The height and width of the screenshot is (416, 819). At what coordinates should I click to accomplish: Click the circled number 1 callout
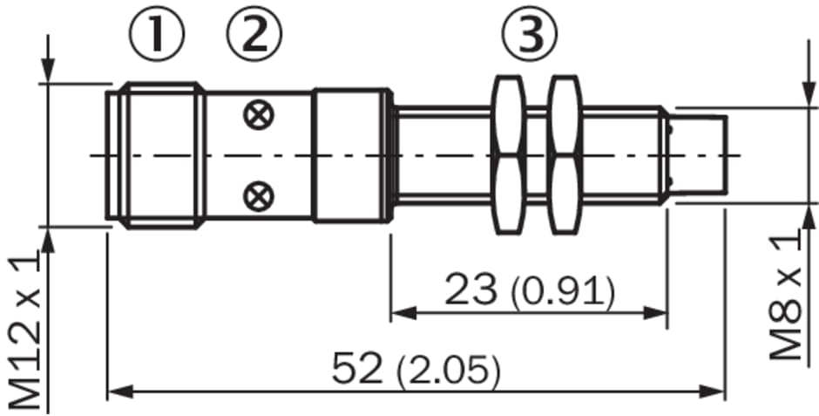pyautogui.click(x=156, y=33)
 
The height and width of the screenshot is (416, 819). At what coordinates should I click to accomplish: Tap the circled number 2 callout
pyautogui.click(x=254, y=33)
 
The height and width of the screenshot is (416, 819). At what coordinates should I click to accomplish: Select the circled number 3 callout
pyautogui.click(x=530, y=33)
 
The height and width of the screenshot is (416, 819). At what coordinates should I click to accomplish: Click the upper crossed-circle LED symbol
pyautogui.click(x=258, y=115)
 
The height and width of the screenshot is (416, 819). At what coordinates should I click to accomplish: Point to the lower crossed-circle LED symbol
pyautogui.click(x=258, y=196)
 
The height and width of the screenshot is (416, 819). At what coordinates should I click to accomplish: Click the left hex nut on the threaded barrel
pyautogui.click(x=509, y=154)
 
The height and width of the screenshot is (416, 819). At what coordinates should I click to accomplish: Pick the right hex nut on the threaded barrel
pyautogui.click(x=565, y=154)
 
